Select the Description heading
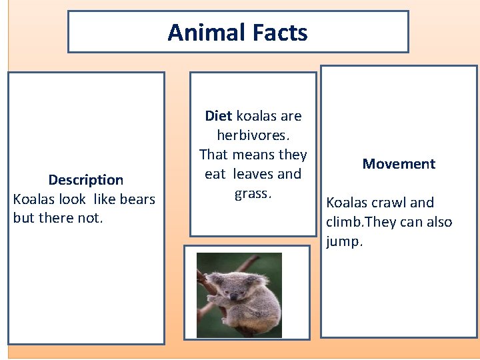click(85, 180)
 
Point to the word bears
click(137, 199)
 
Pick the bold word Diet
click(218, 116)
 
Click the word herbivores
click(253, 135)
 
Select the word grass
click(253, 193)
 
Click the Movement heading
click(399, 164)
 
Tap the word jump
click(344, 241)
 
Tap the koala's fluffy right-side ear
click(256, 280)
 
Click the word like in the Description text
click(103, 199)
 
